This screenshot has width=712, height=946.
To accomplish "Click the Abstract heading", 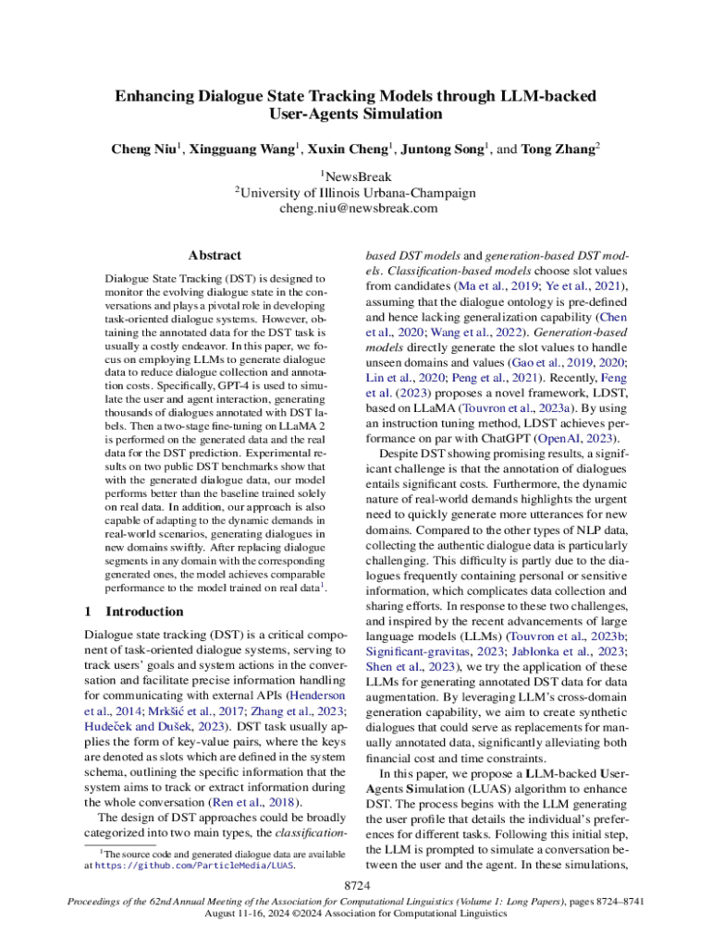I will [x=215, y=255].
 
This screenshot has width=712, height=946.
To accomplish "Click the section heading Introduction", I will [x=145, y=612].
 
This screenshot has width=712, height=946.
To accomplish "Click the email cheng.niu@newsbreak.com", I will [x=356, y=209].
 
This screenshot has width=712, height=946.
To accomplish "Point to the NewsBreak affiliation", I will [x=358, y=176].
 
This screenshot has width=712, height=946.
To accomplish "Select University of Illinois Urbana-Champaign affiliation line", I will [x=357, y=192].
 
